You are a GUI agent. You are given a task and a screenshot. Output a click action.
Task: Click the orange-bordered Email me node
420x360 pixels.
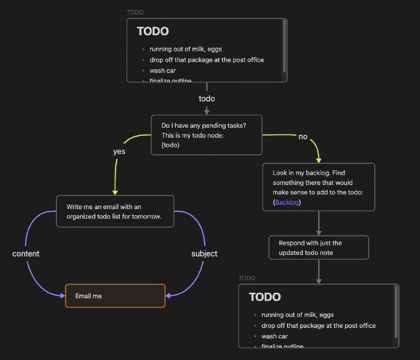coord(115,296)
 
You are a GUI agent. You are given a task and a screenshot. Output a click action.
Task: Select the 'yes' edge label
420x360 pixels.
coord(119,151)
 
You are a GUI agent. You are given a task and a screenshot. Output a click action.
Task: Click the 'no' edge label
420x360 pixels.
coord(303,137)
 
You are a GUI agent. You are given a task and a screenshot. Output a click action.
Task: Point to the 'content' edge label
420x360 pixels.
coord(26,254)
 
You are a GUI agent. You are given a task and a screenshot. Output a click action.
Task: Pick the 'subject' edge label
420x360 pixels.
coord(204,254)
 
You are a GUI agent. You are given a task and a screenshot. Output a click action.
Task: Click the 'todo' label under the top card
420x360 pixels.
coord(207,98)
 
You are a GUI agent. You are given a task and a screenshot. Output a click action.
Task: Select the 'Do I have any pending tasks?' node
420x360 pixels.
coord(206,135)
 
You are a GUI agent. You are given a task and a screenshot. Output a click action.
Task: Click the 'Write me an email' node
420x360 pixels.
coord(114,211)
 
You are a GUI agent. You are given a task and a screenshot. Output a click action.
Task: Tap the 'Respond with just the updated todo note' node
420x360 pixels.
coord(318,248)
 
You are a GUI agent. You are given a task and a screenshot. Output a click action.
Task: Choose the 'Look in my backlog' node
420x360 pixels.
coord(318,187)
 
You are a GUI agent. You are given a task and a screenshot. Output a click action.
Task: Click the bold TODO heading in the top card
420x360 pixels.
coord(153,32)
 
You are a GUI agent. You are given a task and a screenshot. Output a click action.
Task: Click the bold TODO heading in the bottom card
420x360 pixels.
coord(265,297)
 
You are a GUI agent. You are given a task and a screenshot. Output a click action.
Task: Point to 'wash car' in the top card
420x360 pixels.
coord(162,70)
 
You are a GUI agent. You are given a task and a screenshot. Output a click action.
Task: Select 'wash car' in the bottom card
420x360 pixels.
coord(274,336)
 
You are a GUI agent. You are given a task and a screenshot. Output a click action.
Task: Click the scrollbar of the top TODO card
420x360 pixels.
coord(284,45)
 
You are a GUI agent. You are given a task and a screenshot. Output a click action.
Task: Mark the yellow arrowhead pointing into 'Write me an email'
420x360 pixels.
coord(115,192)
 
